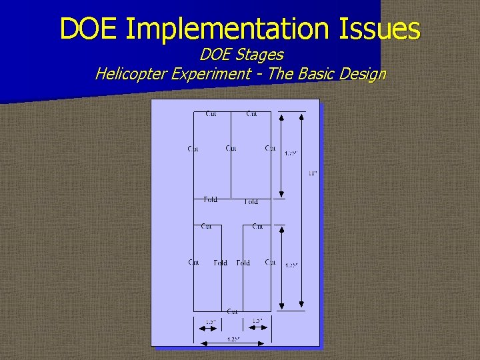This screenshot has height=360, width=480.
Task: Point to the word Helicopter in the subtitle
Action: [131, 73]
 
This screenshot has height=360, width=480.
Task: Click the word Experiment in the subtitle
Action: [212, 73]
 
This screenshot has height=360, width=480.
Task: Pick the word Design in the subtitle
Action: [362, 73]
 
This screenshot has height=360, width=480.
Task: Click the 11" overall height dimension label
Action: [312, 173]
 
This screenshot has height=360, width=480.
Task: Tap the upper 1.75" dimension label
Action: [291, 153]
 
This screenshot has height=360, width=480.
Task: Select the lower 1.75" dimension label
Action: [291, 265]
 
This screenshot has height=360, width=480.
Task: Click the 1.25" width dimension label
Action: [233, 339]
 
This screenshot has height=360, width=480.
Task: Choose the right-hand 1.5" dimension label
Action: [257, 321]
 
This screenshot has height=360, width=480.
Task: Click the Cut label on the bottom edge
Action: [232, 311]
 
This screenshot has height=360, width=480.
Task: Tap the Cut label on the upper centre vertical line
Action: [231, 148]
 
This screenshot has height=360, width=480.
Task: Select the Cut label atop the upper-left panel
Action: [211, 114]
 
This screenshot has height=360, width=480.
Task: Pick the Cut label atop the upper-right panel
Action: [251, 114]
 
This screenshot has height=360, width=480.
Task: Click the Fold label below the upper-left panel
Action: [210, 199]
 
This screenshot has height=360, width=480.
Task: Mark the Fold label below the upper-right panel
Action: [251, 201]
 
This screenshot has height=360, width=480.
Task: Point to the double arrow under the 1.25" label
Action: [233, 344]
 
